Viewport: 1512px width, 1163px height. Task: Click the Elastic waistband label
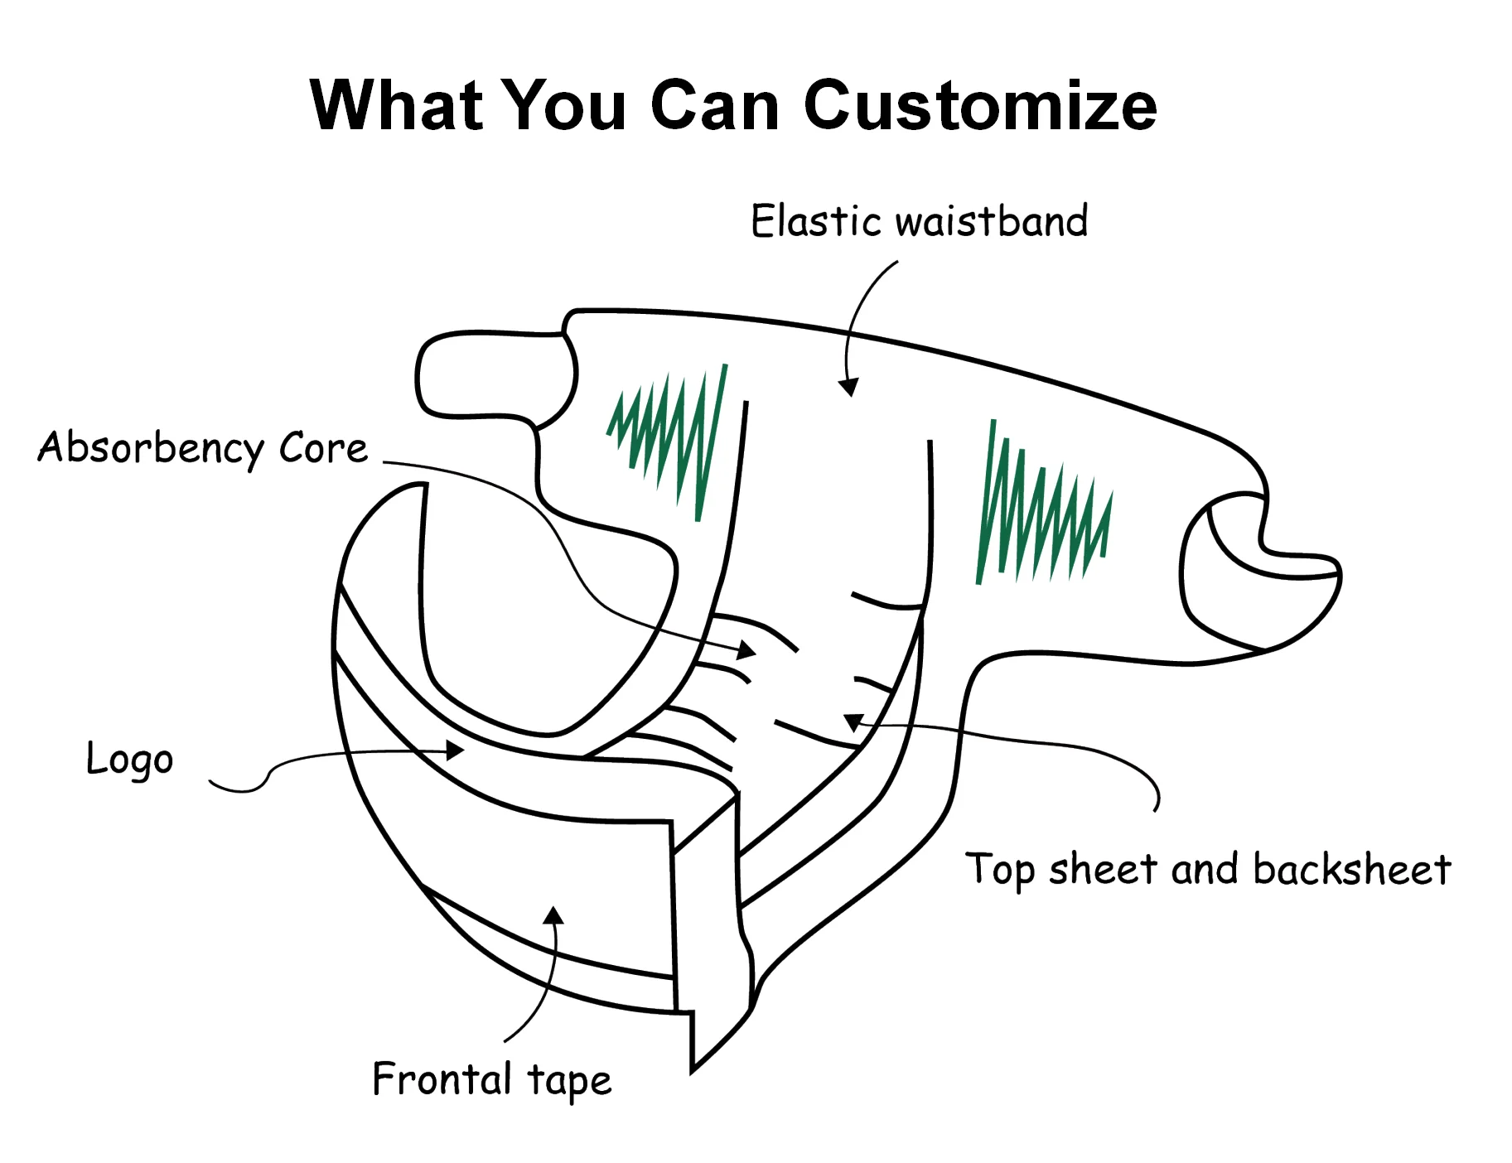919,221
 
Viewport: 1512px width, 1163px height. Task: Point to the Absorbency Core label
202,448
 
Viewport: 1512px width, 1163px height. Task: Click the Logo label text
130,760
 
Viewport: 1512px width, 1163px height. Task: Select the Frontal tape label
491,1080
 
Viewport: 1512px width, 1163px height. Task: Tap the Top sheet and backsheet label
1207,870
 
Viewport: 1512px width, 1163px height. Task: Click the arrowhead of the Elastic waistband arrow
848,387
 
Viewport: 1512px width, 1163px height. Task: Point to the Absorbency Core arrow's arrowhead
747,650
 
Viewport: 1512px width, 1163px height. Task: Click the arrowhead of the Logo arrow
455,750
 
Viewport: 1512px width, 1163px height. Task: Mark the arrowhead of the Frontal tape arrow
553,914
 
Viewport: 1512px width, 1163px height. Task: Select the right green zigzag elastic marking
1041,509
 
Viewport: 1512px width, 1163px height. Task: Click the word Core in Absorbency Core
323,448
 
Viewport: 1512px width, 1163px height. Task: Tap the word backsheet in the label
1351,870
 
